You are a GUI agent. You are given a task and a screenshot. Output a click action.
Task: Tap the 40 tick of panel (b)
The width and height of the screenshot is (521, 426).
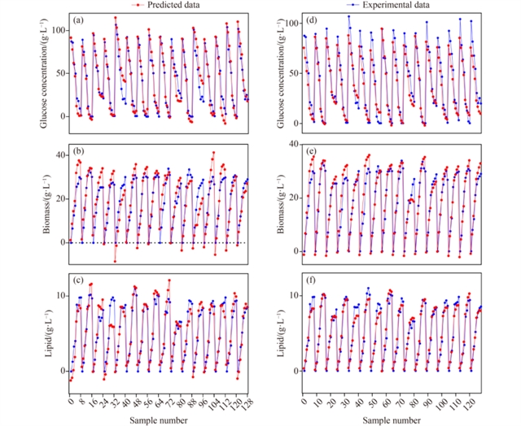[x=59, y=154]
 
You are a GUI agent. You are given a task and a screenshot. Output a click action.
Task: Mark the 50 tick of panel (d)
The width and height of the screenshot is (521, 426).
[x=291, y=73]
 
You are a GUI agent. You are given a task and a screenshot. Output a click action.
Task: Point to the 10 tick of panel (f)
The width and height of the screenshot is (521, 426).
[x=291, y=294]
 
